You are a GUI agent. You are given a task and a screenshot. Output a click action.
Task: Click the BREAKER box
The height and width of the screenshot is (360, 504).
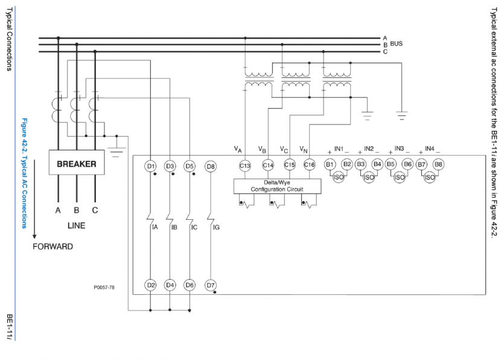click(x=77, y=164)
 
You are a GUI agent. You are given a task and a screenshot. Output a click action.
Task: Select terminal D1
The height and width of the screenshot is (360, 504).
click(x=151, y=166)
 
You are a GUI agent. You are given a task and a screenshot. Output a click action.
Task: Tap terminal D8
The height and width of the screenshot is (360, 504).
click(x=210, y=166)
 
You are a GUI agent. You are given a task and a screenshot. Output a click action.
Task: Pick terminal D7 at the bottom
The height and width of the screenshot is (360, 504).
click(x=210, y=284)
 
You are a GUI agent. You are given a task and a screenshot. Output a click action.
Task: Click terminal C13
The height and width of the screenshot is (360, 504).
click(x=244, y=164)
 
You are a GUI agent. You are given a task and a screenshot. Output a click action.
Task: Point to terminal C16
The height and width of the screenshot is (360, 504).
click(x=309, y=164)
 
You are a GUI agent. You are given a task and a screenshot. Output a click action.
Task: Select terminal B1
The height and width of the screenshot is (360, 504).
click(x=330, y=164)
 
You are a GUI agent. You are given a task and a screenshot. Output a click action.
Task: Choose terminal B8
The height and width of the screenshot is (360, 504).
click(x=438, y=164)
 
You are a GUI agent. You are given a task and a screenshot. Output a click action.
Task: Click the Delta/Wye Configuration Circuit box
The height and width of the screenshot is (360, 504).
click(x=277, y=185)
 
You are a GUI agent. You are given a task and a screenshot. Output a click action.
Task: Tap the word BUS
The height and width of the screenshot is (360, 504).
click(x=397, y=44)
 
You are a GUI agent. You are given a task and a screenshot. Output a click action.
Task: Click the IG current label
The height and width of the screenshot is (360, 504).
click(x=216, y=228)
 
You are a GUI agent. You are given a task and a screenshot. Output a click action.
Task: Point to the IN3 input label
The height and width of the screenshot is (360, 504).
click(x=399, y=149)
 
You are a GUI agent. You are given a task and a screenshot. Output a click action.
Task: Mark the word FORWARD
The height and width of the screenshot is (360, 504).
click(x=53, y=246)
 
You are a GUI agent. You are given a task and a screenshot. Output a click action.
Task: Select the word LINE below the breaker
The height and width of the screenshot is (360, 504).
click(x=77, y=225)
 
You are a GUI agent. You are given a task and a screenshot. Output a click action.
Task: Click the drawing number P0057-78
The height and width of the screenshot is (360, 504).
click(x=104, y=288)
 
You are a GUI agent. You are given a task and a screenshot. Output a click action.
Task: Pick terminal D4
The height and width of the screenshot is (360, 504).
click(x=170, y=284)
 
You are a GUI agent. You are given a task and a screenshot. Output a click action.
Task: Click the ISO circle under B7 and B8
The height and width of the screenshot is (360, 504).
click(x=429, y=177)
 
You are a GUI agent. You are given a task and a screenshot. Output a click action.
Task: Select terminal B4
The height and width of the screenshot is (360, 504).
click(x=377, y=164)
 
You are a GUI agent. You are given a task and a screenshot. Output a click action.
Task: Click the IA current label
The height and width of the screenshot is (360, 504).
click(x=155, y=228)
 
